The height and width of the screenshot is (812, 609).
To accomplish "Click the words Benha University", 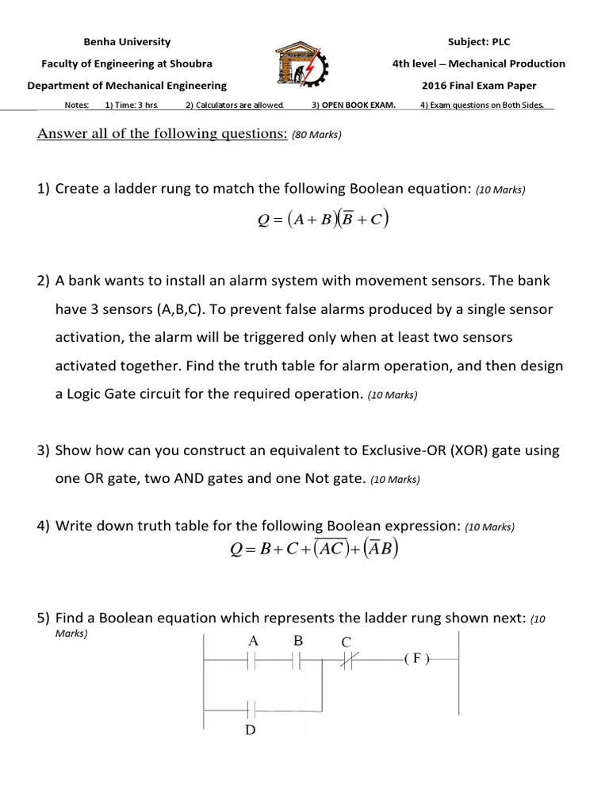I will pos(127,42).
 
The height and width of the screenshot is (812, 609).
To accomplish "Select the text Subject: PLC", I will pos(479,42).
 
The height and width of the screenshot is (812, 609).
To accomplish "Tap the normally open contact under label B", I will pos(298,660).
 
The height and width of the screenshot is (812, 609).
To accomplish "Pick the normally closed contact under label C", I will pos(347,660).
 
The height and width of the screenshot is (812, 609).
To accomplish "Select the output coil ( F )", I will pos(416,659).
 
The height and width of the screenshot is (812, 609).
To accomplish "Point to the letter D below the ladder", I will pos(251,730).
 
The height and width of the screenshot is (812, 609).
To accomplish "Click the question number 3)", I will pos(44,451).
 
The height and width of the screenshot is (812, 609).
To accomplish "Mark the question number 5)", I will pos(44,617).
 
